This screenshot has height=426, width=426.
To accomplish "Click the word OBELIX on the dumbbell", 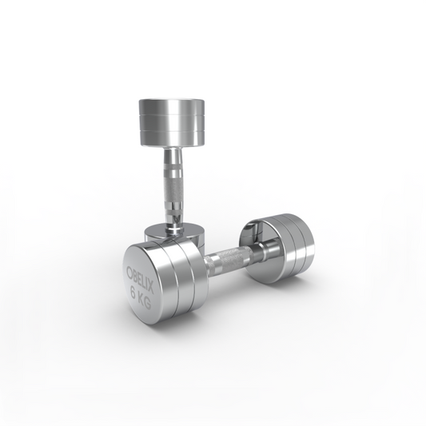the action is coord(140,281).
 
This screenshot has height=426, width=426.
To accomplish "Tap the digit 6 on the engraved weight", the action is coord(134,293).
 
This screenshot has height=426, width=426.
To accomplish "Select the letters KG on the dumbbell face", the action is coord(145,302).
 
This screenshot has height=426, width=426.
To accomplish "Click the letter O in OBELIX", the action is coord(129,271).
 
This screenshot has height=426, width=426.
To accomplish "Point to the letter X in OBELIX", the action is coord(150,289).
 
